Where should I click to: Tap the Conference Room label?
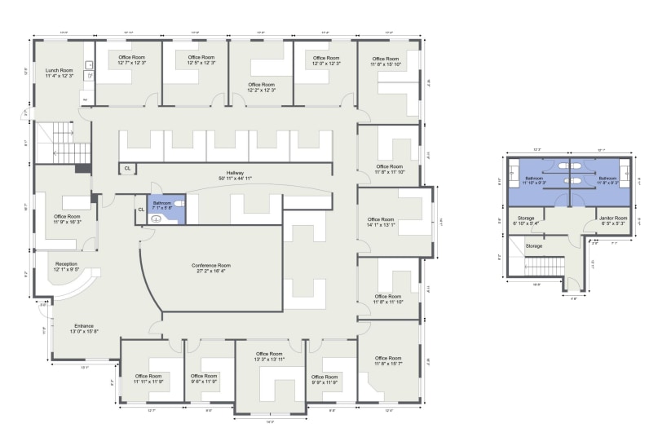[x=211, y=268]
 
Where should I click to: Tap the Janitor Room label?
[x=612, y=220]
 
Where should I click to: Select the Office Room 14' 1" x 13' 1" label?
[x=380, y=222]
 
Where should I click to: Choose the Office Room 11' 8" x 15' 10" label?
[x=386, y=61]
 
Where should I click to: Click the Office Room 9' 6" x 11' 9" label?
[x=204, y=378]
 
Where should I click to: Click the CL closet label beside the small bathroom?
[x=140, y=210]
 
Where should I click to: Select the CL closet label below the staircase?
[x=127, y=169]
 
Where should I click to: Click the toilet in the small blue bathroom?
[x=179, y=202]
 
